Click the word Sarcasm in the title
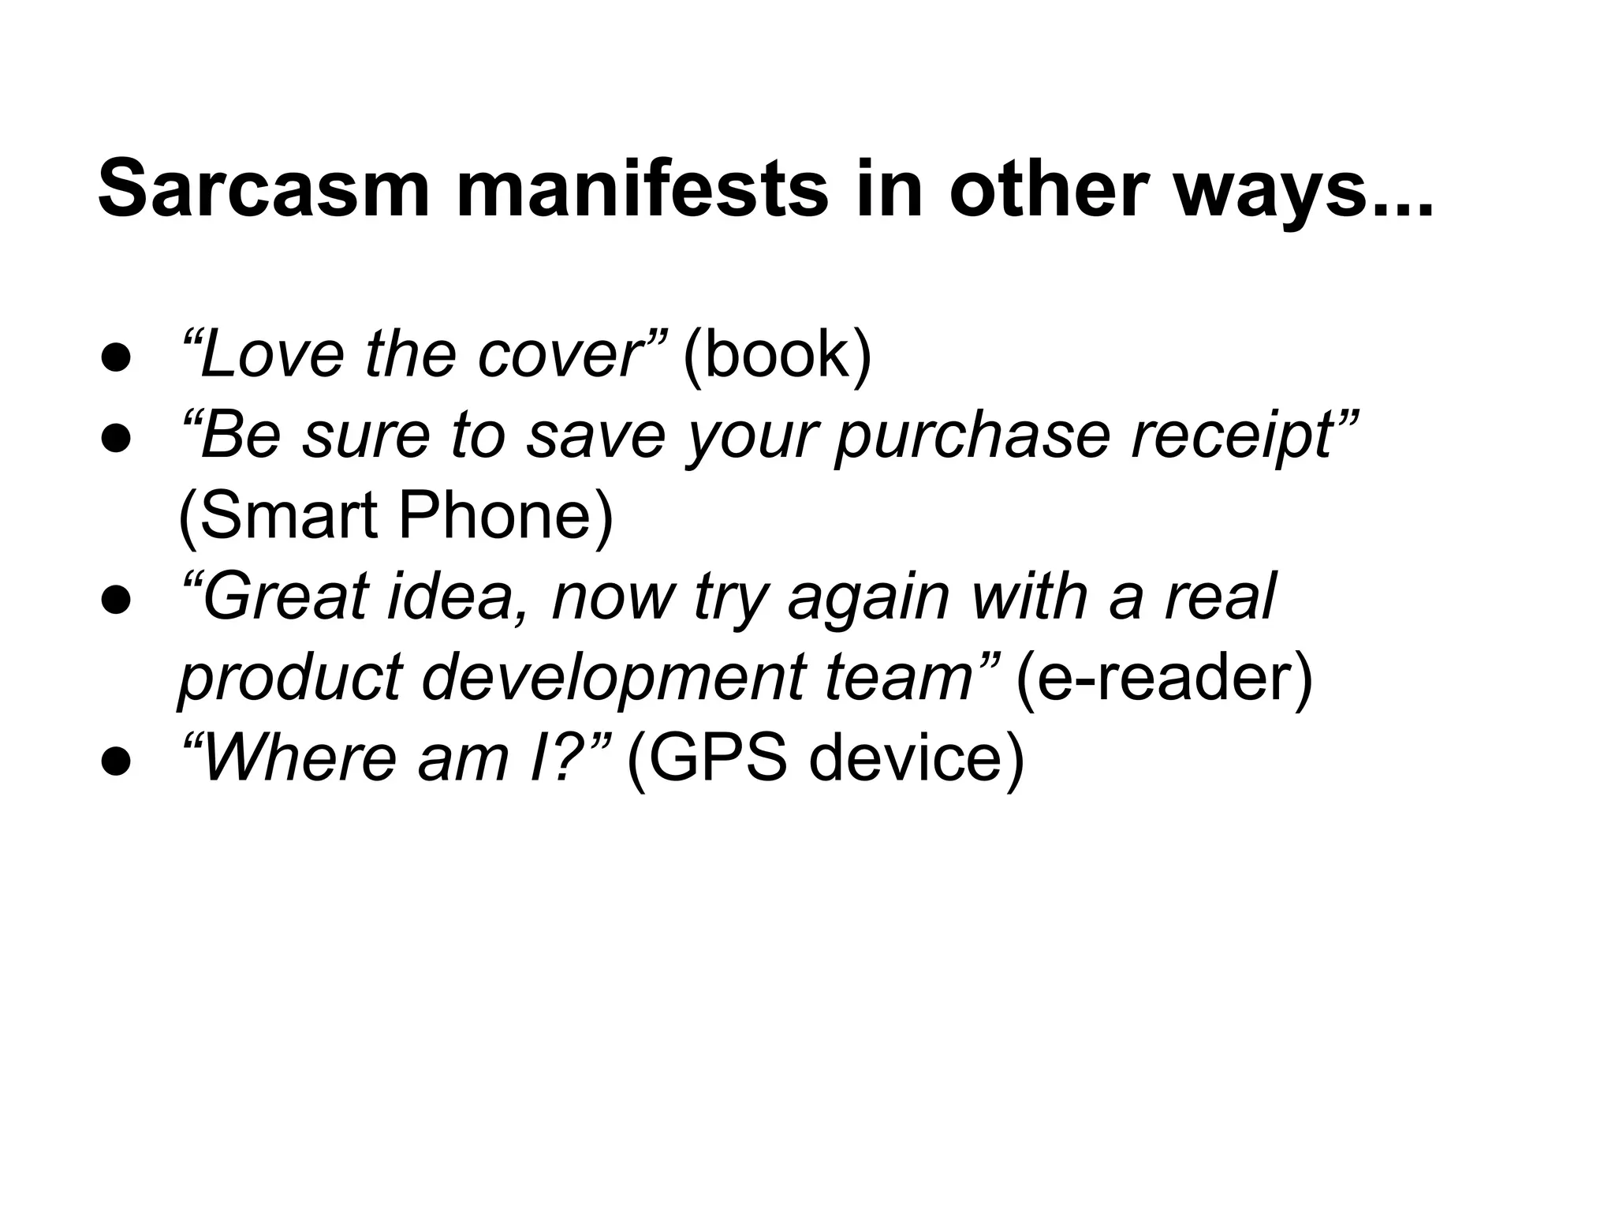click(x=263, y=189)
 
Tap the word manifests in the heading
click(x=642, y=189)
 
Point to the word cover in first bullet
click(x=561, y=355)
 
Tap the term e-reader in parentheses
click(x=1165, y=679)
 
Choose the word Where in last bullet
click(x=300, y=759)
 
